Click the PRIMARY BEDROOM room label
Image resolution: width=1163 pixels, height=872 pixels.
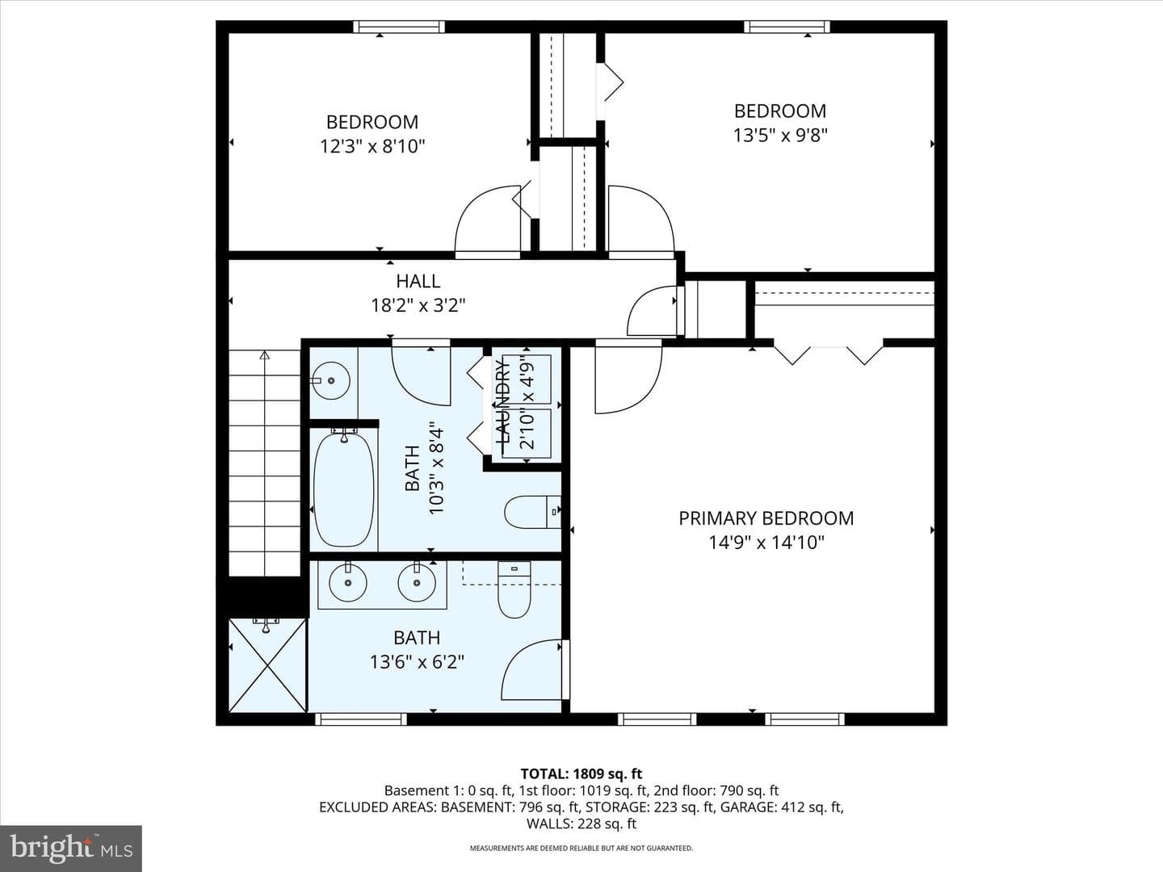766,518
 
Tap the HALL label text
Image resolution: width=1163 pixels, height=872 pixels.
418,281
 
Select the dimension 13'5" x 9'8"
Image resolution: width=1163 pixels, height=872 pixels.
780,136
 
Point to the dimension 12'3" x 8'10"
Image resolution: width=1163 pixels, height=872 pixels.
372,146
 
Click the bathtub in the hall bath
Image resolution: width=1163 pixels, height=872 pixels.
344,488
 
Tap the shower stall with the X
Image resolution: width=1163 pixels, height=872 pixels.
267,665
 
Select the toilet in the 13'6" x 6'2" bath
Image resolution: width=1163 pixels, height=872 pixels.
514,589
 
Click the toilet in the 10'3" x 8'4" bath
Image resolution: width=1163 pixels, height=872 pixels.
532,512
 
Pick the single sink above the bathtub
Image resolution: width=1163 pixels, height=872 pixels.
330,380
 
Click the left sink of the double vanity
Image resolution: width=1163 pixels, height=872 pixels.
348,582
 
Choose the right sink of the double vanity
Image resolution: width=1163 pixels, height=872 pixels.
417,582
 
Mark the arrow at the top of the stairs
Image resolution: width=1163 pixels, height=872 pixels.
264,354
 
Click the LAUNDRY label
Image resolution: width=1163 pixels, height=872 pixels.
502,401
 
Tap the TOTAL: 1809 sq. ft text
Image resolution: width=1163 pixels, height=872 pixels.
581,774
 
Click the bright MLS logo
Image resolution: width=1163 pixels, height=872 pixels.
71,848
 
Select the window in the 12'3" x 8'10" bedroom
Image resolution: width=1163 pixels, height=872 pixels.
399,27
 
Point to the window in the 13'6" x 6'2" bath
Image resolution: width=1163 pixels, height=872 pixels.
361,719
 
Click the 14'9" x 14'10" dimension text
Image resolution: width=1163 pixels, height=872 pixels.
766,543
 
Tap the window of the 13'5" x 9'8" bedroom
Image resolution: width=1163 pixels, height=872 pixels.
787,27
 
